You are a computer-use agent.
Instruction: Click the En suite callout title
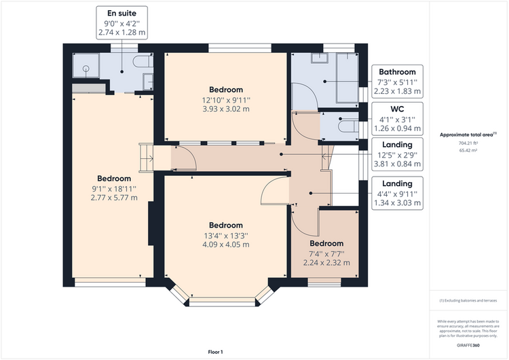click(121, 14)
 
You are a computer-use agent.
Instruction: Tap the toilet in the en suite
click(143, 61)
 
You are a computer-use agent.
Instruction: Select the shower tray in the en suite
click(86, 65)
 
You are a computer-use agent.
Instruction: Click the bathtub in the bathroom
click(347, 77)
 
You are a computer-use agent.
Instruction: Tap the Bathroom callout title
click(397, 72)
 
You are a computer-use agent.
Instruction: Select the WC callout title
click(397, 109)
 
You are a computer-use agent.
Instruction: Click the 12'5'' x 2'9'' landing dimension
click(397, 156)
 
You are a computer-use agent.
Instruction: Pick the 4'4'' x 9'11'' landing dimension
click(397, 194)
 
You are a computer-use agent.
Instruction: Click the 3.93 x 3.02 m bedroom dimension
click(226, 109)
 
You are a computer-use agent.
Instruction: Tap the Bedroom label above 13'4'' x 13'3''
click(226, 225)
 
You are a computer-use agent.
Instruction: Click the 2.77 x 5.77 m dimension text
click(114, 198)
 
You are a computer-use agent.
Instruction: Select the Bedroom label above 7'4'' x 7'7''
click(326, 243)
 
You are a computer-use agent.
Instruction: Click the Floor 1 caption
click(216, 352)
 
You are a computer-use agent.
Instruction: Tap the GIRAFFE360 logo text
click(468, 345)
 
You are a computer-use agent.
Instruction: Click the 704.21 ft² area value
click(468, 143)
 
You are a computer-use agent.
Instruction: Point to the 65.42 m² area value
click(468, 150)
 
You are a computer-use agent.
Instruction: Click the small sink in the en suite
click(148, 82)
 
